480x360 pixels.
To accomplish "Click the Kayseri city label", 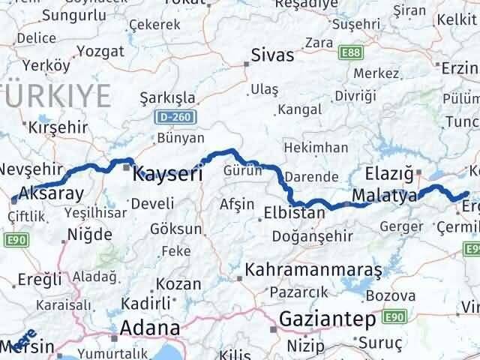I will [168, 174].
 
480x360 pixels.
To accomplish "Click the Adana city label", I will [151, 328].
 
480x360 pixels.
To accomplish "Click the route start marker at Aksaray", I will [14, 199].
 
